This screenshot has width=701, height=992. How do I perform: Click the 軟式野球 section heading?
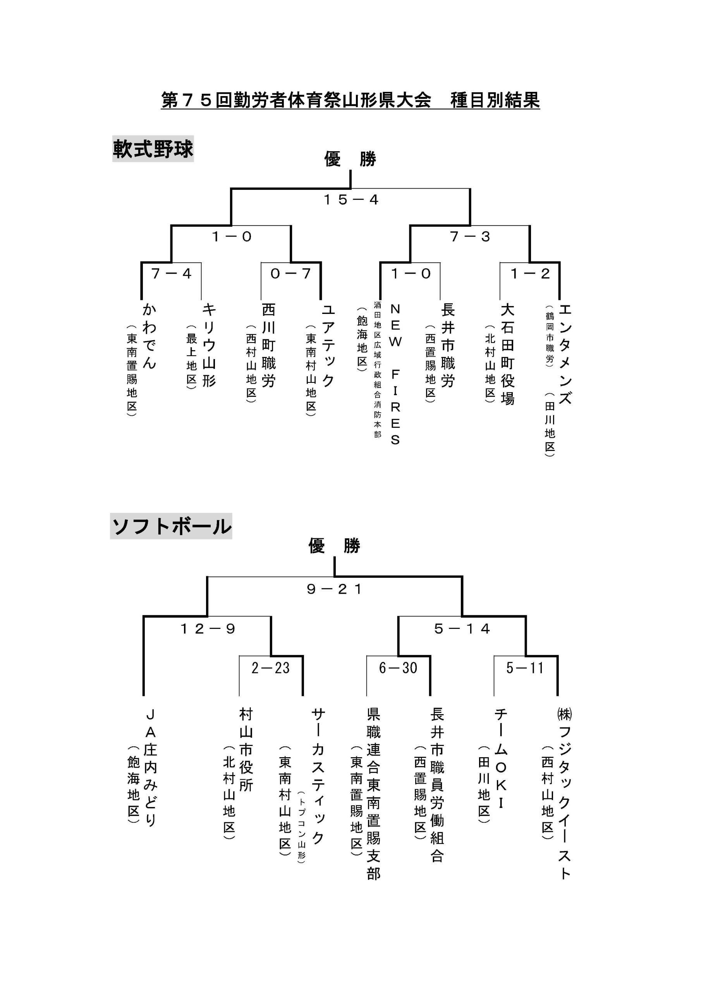(x=153, y=149)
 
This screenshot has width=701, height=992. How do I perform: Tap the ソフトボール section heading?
(x=172, y=526)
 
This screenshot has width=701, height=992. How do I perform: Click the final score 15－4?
(x=351, y=200)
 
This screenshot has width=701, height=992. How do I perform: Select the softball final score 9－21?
(x=334, y=589)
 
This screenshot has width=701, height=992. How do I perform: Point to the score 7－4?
(x=172, y=274)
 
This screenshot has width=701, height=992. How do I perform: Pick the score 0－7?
(x=291, y=274)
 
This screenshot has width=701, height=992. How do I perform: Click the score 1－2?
(x=530, y=274)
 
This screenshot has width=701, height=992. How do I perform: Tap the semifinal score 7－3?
(x=470, y=236)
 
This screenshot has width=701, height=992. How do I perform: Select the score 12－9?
(x=208, y=629)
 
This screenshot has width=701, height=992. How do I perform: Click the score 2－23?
(x=271, y=668)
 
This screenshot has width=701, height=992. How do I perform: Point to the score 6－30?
(x=398, y=668)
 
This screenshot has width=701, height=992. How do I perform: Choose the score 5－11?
(x=525, y=668)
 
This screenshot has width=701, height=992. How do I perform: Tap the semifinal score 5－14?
(x=462, y=629)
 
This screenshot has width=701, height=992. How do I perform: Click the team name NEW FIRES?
(x=395, y=375)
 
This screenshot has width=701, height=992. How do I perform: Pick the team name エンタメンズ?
(x=565, y=354)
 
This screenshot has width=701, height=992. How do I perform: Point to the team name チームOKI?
(x=501, y=759)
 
